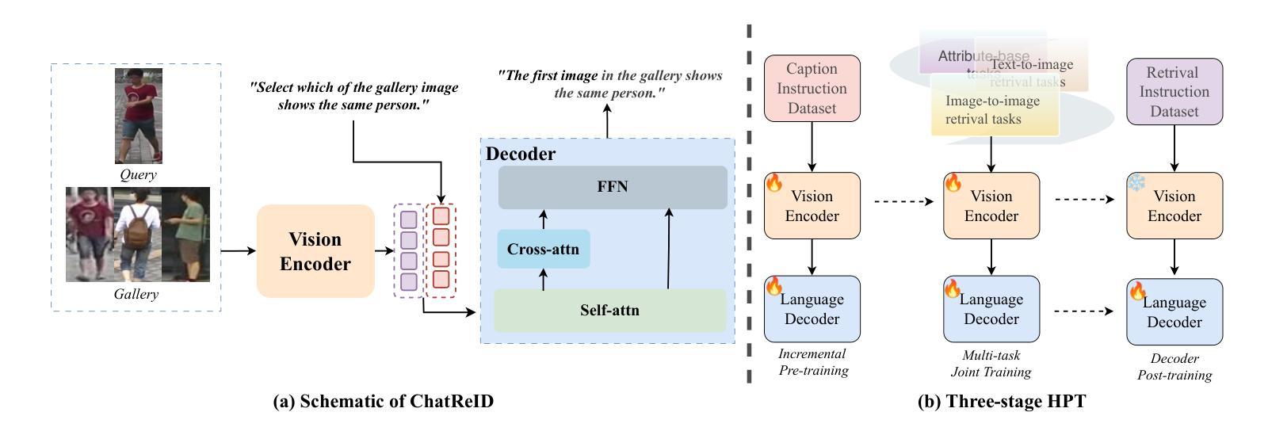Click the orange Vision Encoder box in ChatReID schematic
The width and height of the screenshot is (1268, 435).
(x=315, y=251)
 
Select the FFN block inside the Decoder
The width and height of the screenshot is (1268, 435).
(x=612, y=187)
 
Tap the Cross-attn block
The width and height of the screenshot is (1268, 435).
(x=544, y=249)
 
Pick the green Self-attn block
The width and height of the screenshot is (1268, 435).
(x=609, y=310)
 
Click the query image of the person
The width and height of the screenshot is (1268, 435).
(x=138, y=116)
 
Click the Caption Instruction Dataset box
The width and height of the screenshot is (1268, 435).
(x=812, y=88)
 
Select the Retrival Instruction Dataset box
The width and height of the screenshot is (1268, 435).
(x=1174, y=92)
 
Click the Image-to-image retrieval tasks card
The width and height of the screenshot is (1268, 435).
(x=995, y=109)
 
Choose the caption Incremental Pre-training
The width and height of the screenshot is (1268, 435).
(x=812, y=362)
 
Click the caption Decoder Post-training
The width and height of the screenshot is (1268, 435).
(x=1174, y=367)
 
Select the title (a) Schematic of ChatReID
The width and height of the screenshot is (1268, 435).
(x=383, y=402)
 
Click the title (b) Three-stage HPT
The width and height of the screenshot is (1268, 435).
(x=1001, y=402)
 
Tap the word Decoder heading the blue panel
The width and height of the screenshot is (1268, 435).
(x=521, y=154)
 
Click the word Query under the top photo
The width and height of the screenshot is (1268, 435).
(x=138, y=175)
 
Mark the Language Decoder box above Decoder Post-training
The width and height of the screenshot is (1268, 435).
(x=1174, y=311)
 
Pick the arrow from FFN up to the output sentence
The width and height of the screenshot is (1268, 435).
(x=608, y=123)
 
